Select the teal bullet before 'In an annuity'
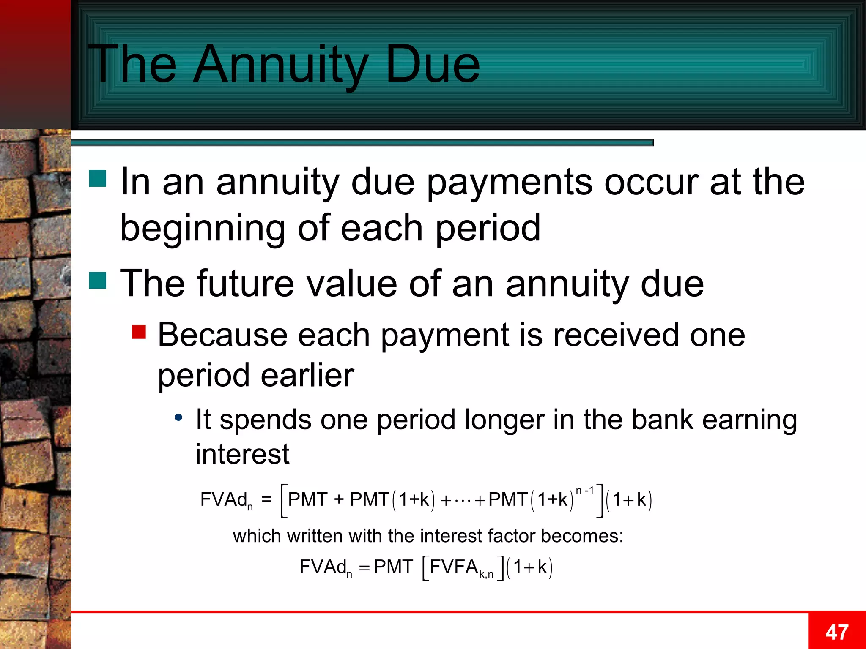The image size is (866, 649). coord(98,178)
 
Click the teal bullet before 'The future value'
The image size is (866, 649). coord(98,280)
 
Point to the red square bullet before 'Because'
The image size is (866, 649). coord(139,332)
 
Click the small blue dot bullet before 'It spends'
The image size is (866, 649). coord(179,418)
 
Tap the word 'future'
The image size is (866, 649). coord(245,283)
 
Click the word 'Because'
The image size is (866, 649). coord(222,335)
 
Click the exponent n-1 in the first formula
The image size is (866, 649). coord(585,491)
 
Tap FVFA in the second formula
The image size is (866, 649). coord(454,567)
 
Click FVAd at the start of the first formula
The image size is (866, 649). coord(224,499)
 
